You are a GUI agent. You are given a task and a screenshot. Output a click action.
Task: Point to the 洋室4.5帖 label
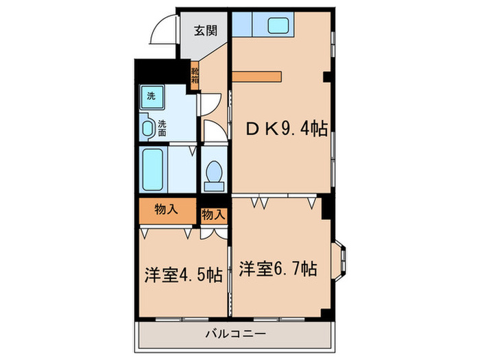(182, 275)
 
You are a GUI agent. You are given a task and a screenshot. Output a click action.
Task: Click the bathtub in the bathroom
(152, 169)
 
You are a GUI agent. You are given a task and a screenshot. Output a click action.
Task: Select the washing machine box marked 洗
(151, 96)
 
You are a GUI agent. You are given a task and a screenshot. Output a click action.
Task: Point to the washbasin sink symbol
(147, 128)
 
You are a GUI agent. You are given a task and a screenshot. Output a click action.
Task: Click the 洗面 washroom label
(162, 128)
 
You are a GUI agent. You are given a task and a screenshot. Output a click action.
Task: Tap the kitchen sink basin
(278, 26)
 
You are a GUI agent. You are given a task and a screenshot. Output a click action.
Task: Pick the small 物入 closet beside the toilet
(213, 214)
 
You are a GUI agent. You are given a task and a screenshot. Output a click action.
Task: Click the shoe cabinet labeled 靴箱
(195, 73)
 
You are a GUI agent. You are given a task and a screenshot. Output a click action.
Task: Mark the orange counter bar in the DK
(256, 76)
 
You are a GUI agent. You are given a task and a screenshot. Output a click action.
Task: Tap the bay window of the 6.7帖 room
(340, 261)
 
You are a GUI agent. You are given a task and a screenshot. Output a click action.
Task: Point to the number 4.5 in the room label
(193, 275)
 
